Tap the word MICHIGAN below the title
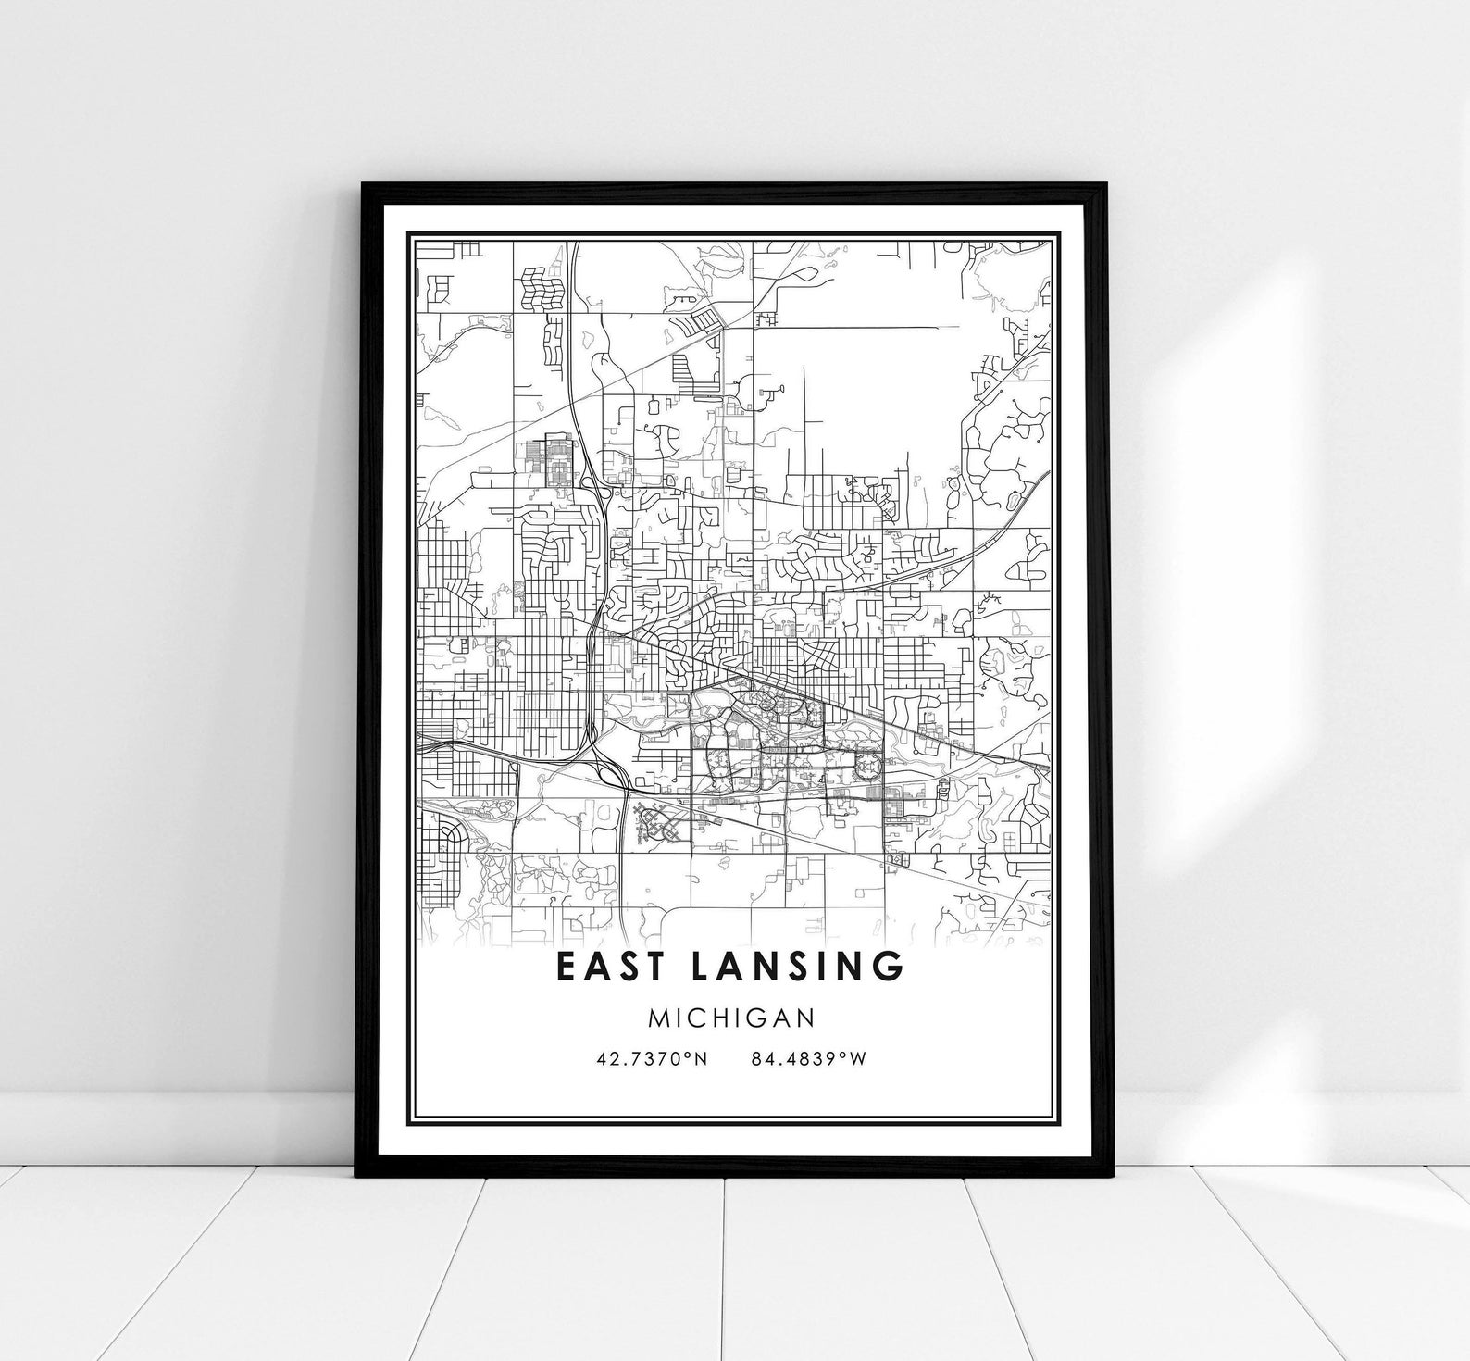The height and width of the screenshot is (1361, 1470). [731, 1018]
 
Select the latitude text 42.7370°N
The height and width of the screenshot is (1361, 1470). [652, 1058]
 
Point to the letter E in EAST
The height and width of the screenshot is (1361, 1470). [566, 965]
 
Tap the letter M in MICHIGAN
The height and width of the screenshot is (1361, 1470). [658, 1018]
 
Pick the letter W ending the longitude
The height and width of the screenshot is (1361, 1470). [858, 1058]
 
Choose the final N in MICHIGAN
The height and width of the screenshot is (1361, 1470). [806, 1018]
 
